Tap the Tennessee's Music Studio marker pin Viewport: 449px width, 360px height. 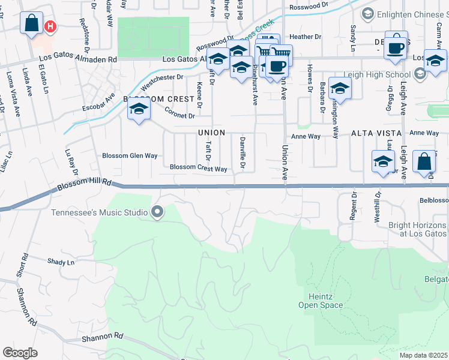[x=157, y=211]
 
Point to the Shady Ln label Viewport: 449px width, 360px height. [x=61, y=262]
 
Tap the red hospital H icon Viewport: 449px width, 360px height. [x=52, y=27]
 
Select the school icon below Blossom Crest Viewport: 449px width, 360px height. [x=139, y=109]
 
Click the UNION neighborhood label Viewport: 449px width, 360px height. [x=212, y=133]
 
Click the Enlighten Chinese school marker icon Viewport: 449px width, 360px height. [x=368, y=13]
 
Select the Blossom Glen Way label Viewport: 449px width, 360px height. [x=130, y=155]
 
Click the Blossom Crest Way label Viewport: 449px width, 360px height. [x=199, y=169]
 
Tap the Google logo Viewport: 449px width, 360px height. [x=20, y=353]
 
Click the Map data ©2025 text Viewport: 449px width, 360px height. [x=424, y=355]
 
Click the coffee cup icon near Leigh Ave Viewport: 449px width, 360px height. [x=395, y=47]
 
